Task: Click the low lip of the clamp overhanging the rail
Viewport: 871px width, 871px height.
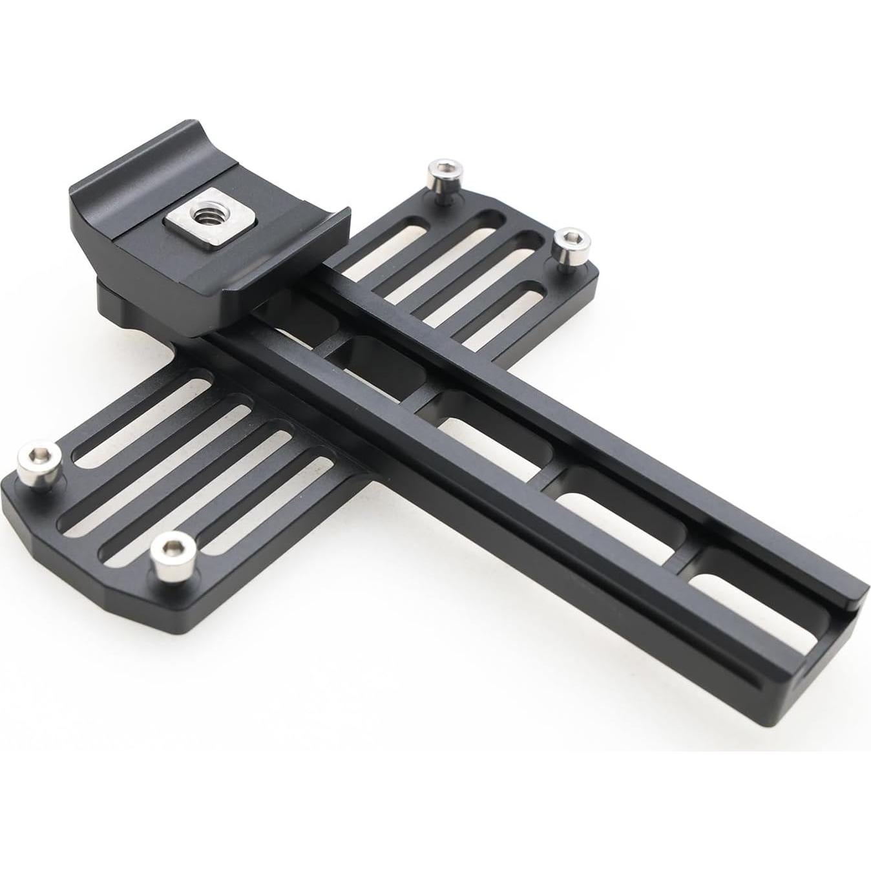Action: tap(284, 271)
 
